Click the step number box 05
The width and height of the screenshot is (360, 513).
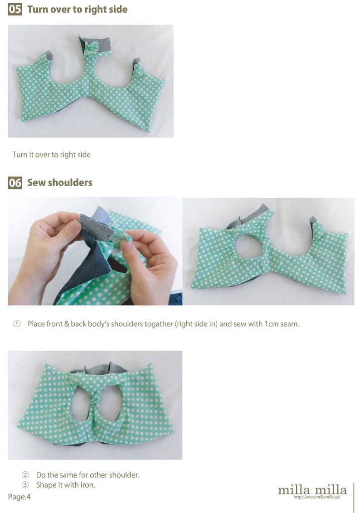click(x=15, y=9)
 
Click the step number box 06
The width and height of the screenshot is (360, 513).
click(x=15, y=183)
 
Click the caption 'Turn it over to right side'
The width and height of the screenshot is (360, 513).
click(x=52, y=155)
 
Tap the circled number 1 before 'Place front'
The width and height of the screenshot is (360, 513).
click(x=17, y=324)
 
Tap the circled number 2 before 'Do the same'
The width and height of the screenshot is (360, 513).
click(x=25, y=475)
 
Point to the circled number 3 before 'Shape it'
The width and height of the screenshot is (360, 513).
click(x=25, y=485)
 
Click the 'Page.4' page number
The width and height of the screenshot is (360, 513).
click(x=19, y=497)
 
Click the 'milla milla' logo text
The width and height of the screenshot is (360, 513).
click(x=312, y=489)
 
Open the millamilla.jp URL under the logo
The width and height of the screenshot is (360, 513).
click(x=316, y=497)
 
